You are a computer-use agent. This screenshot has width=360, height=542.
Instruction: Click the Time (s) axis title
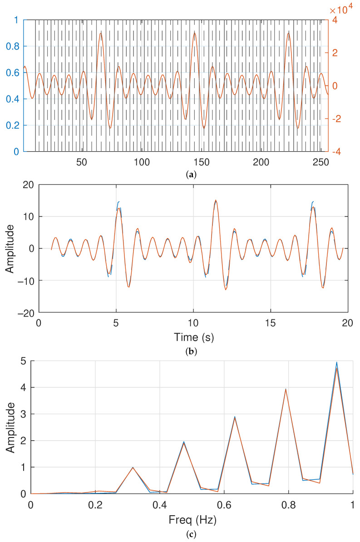coord(194,337)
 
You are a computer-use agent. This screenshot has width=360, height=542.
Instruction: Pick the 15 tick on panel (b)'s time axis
coord(271,323)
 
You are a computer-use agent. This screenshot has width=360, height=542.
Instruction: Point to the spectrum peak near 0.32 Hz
coord(133,467)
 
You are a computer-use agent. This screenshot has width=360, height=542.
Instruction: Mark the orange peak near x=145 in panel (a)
coord(195,33)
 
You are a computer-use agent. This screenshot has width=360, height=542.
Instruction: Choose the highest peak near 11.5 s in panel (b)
coord(216,200)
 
